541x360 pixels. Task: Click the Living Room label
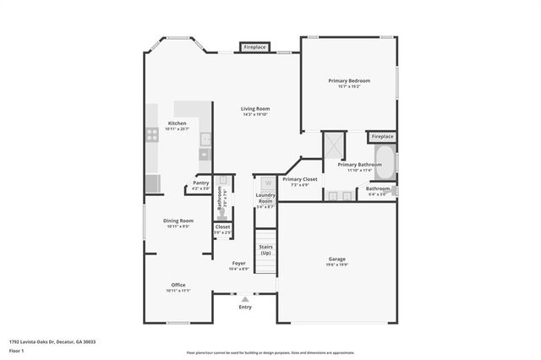coord(254,108)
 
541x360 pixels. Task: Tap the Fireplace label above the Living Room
coord(254,48)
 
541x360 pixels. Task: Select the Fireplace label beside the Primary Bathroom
coord(382,136)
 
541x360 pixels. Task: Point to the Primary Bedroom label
coord(349,80)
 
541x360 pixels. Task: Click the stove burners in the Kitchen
coord(153,133)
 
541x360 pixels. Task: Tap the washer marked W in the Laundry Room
coord(266,183)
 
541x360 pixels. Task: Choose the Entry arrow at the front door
coord(245,299)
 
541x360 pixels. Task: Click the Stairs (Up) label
coord(265,250)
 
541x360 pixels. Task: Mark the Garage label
coord(337,259)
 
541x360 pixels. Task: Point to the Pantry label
coord(200,183)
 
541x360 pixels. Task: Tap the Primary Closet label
coord(299,179)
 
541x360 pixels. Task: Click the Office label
coord(178,285)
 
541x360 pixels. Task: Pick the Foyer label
coord(239,263)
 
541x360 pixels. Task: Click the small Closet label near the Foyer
coord(222,226)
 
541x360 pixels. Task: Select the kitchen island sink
coord(205,138)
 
